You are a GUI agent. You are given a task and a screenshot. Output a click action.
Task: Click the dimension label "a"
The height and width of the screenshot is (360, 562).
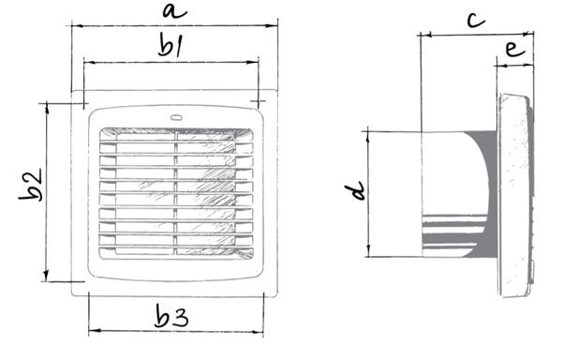point(174,11)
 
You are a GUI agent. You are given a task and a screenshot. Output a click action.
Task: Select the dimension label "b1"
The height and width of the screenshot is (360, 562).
point(170,45)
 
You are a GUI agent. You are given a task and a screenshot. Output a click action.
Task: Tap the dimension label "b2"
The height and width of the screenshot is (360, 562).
point(31,185)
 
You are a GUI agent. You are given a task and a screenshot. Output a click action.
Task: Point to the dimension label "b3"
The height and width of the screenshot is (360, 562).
point(171,316)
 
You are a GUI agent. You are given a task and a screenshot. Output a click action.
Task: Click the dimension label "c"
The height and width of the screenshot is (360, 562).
point(476,20)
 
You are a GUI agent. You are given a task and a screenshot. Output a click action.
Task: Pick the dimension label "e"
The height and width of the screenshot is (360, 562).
point(515,49)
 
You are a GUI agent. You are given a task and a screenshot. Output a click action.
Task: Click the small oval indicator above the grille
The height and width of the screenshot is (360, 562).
point(176,117)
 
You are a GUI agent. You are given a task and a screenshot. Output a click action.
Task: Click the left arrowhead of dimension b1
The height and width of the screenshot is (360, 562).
point(90,63)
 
